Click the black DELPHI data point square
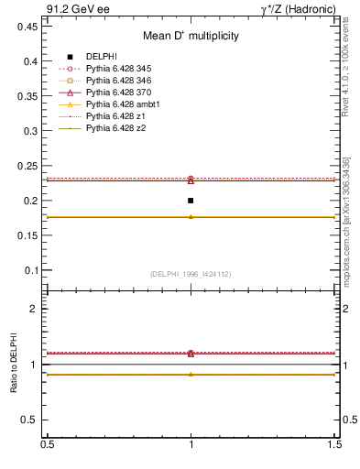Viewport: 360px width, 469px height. pyautogui.click(x=191, y=201)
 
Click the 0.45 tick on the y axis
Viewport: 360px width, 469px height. pyautogui.click(x=29, y=27)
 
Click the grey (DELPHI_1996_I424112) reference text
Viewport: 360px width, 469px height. pyautogui.click(x=191, y=274)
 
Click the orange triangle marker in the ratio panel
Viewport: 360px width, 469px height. pyautogui.click(x=191, y=374)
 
